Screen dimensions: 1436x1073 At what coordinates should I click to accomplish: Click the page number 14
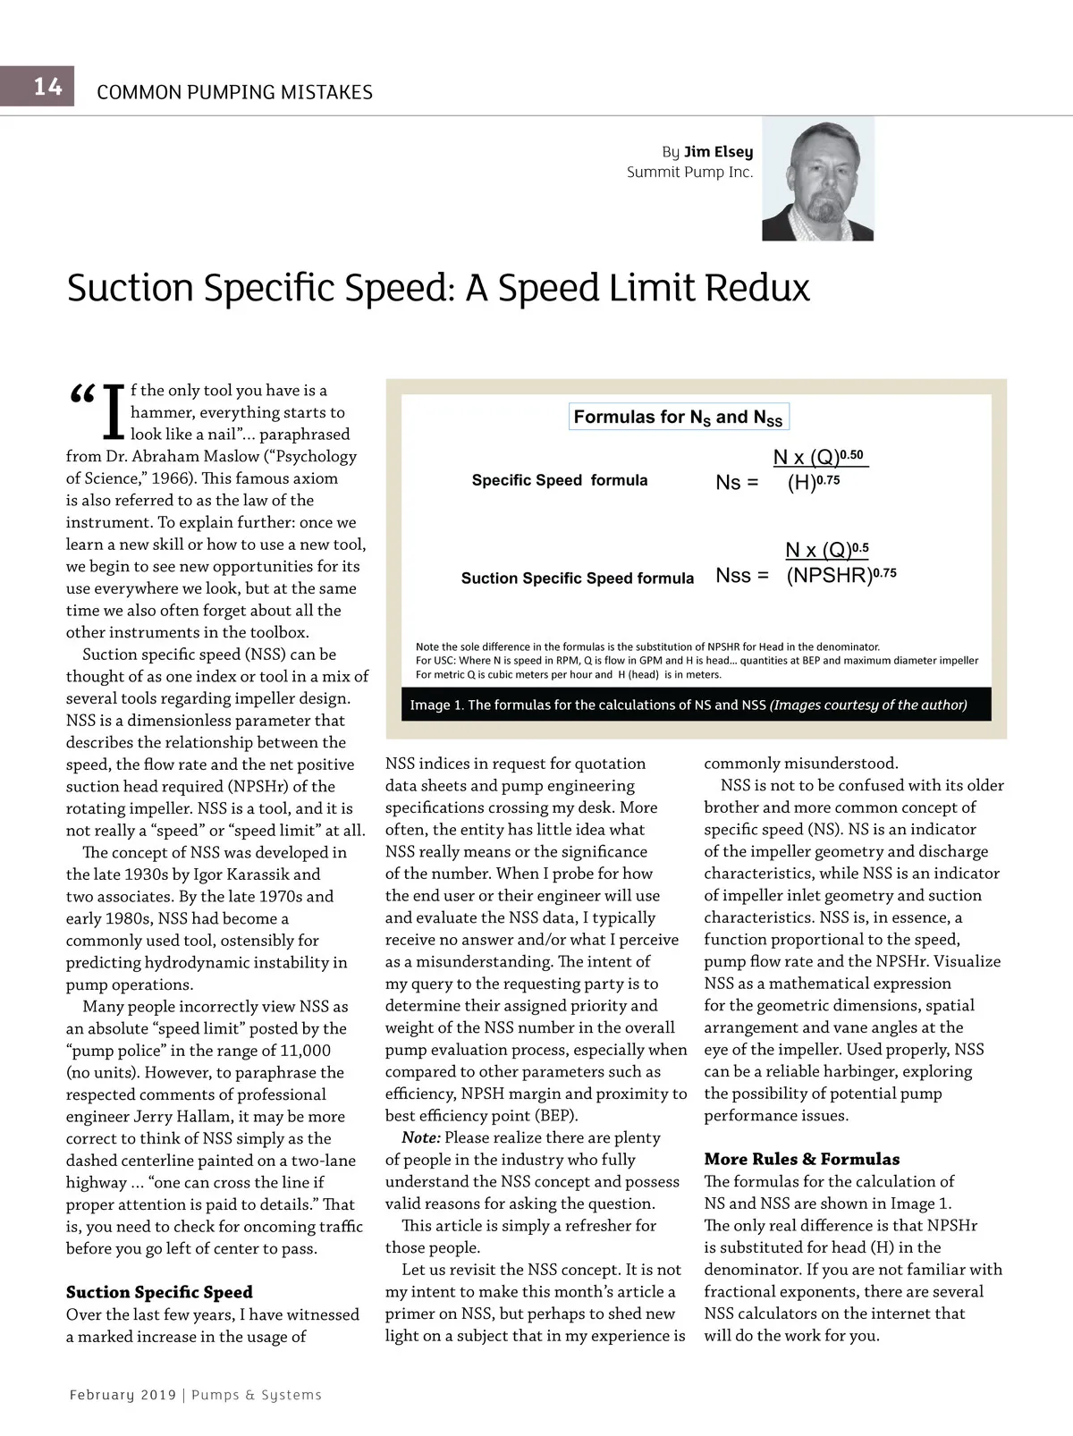pos(48,87)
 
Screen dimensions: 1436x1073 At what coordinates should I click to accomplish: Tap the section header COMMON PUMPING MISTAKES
pos(234,92)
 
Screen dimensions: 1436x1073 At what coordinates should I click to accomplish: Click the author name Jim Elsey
pos(718,152)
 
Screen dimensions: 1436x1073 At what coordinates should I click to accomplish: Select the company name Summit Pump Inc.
pos(689,172)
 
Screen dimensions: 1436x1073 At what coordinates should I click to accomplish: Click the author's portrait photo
pos(817,179)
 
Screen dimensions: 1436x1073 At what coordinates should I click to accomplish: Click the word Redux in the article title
pos(757,288)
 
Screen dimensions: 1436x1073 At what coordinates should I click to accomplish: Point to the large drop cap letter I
pos(114,412)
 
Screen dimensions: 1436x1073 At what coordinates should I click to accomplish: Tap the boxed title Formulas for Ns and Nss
pos(678,418)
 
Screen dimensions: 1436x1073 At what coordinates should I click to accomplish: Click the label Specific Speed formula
pos(560,480)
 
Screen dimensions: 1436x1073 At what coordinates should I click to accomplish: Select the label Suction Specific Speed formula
pos(577,579)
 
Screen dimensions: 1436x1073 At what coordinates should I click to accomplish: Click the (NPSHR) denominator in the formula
pos(829,576)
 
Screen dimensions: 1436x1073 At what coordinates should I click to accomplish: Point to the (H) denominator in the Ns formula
pos(802,484)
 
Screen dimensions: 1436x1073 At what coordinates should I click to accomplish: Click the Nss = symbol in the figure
pos(741,576)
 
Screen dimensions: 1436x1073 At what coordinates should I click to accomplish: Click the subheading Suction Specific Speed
pos(159,1292)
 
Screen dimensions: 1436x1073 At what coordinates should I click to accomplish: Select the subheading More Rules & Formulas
pos(801,1160)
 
